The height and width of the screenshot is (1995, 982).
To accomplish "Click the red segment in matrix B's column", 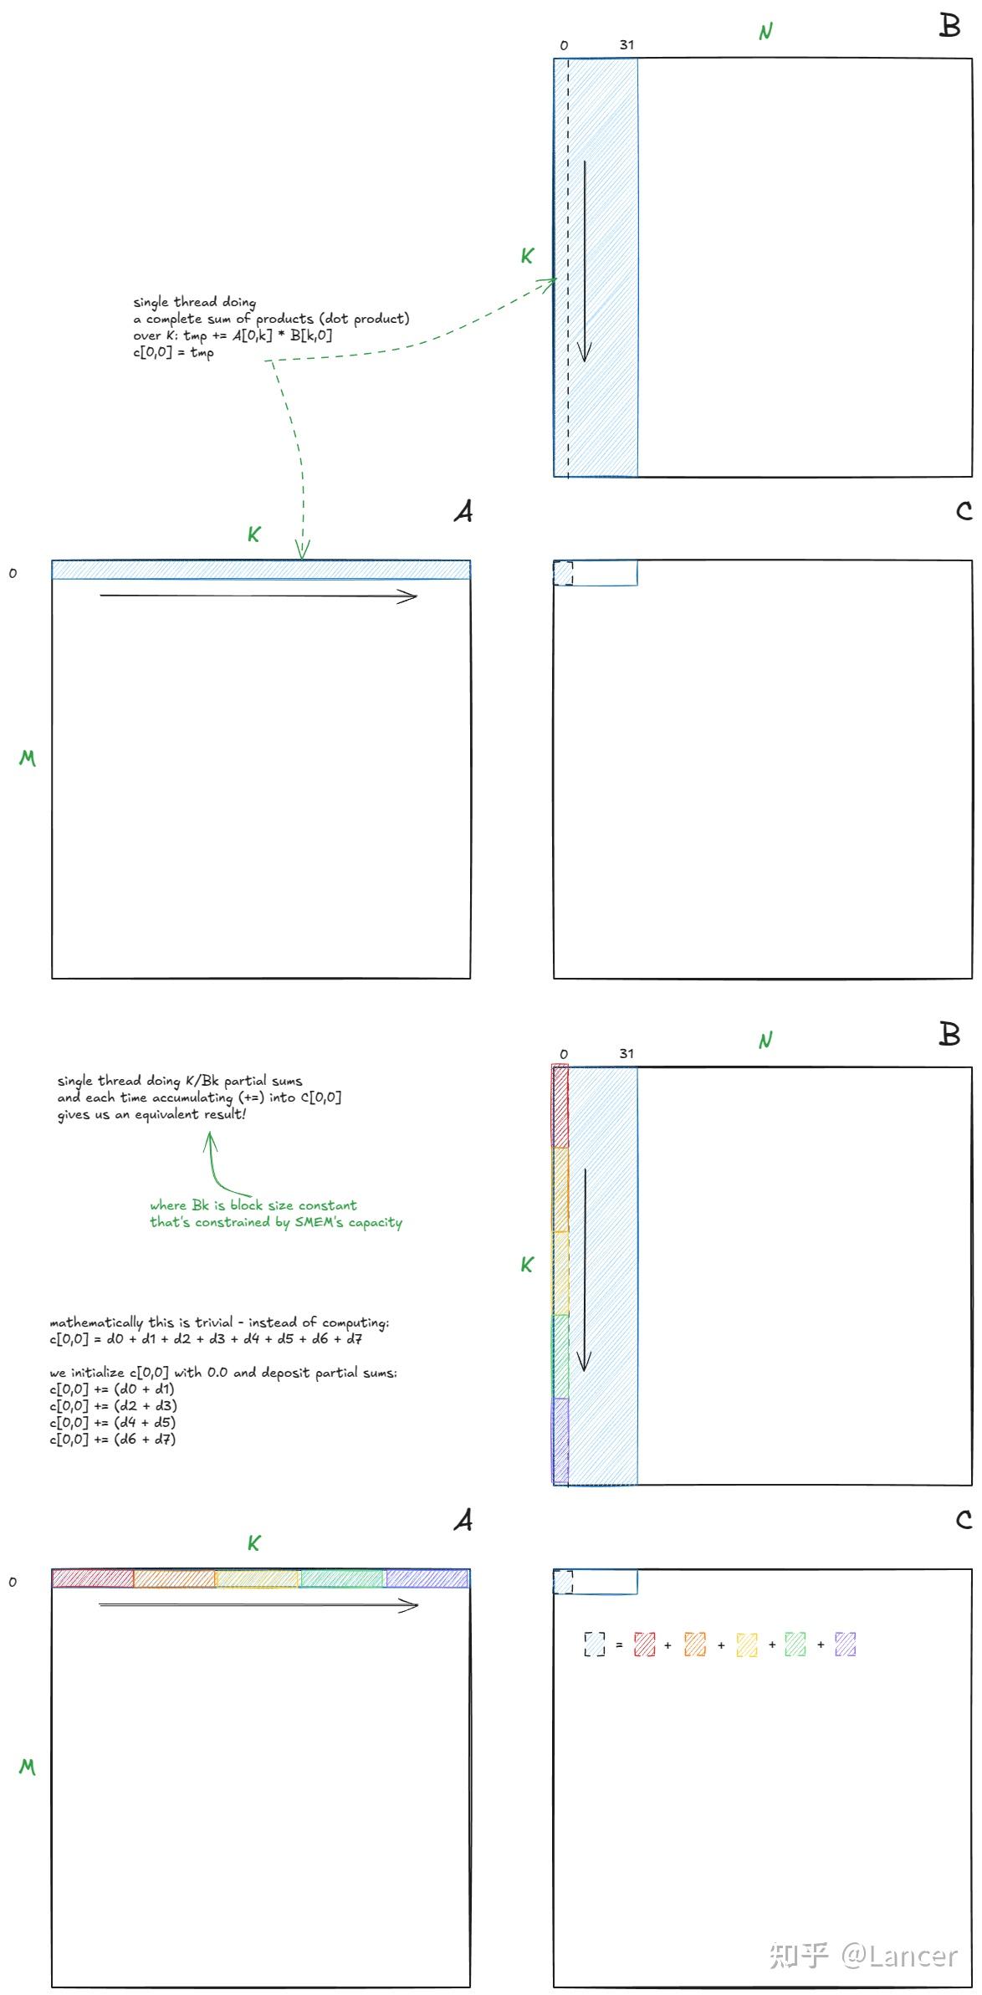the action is click(x=560, y=1106).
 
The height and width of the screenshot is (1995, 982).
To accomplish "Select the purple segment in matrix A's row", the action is click(x=427, y=1578).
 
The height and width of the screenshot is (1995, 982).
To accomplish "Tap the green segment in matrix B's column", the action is click(x=560, y=1356).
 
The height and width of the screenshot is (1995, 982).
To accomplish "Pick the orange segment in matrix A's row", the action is click(x=175, y=1578).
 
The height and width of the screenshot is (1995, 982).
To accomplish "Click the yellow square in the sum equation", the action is click(x=747, y=1645).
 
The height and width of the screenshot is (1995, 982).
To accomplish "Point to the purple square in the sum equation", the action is click(x=846, y=1645).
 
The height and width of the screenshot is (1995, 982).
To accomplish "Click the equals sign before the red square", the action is click(x=619, y=1645).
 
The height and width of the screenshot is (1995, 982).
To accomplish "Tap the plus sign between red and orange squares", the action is click(x=667, y=1645).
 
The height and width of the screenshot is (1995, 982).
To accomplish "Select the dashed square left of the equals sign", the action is click(x=595, y=1645).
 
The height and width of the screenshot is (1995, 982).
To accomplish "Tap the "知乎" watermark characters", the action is click(x=799, y=1956).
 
